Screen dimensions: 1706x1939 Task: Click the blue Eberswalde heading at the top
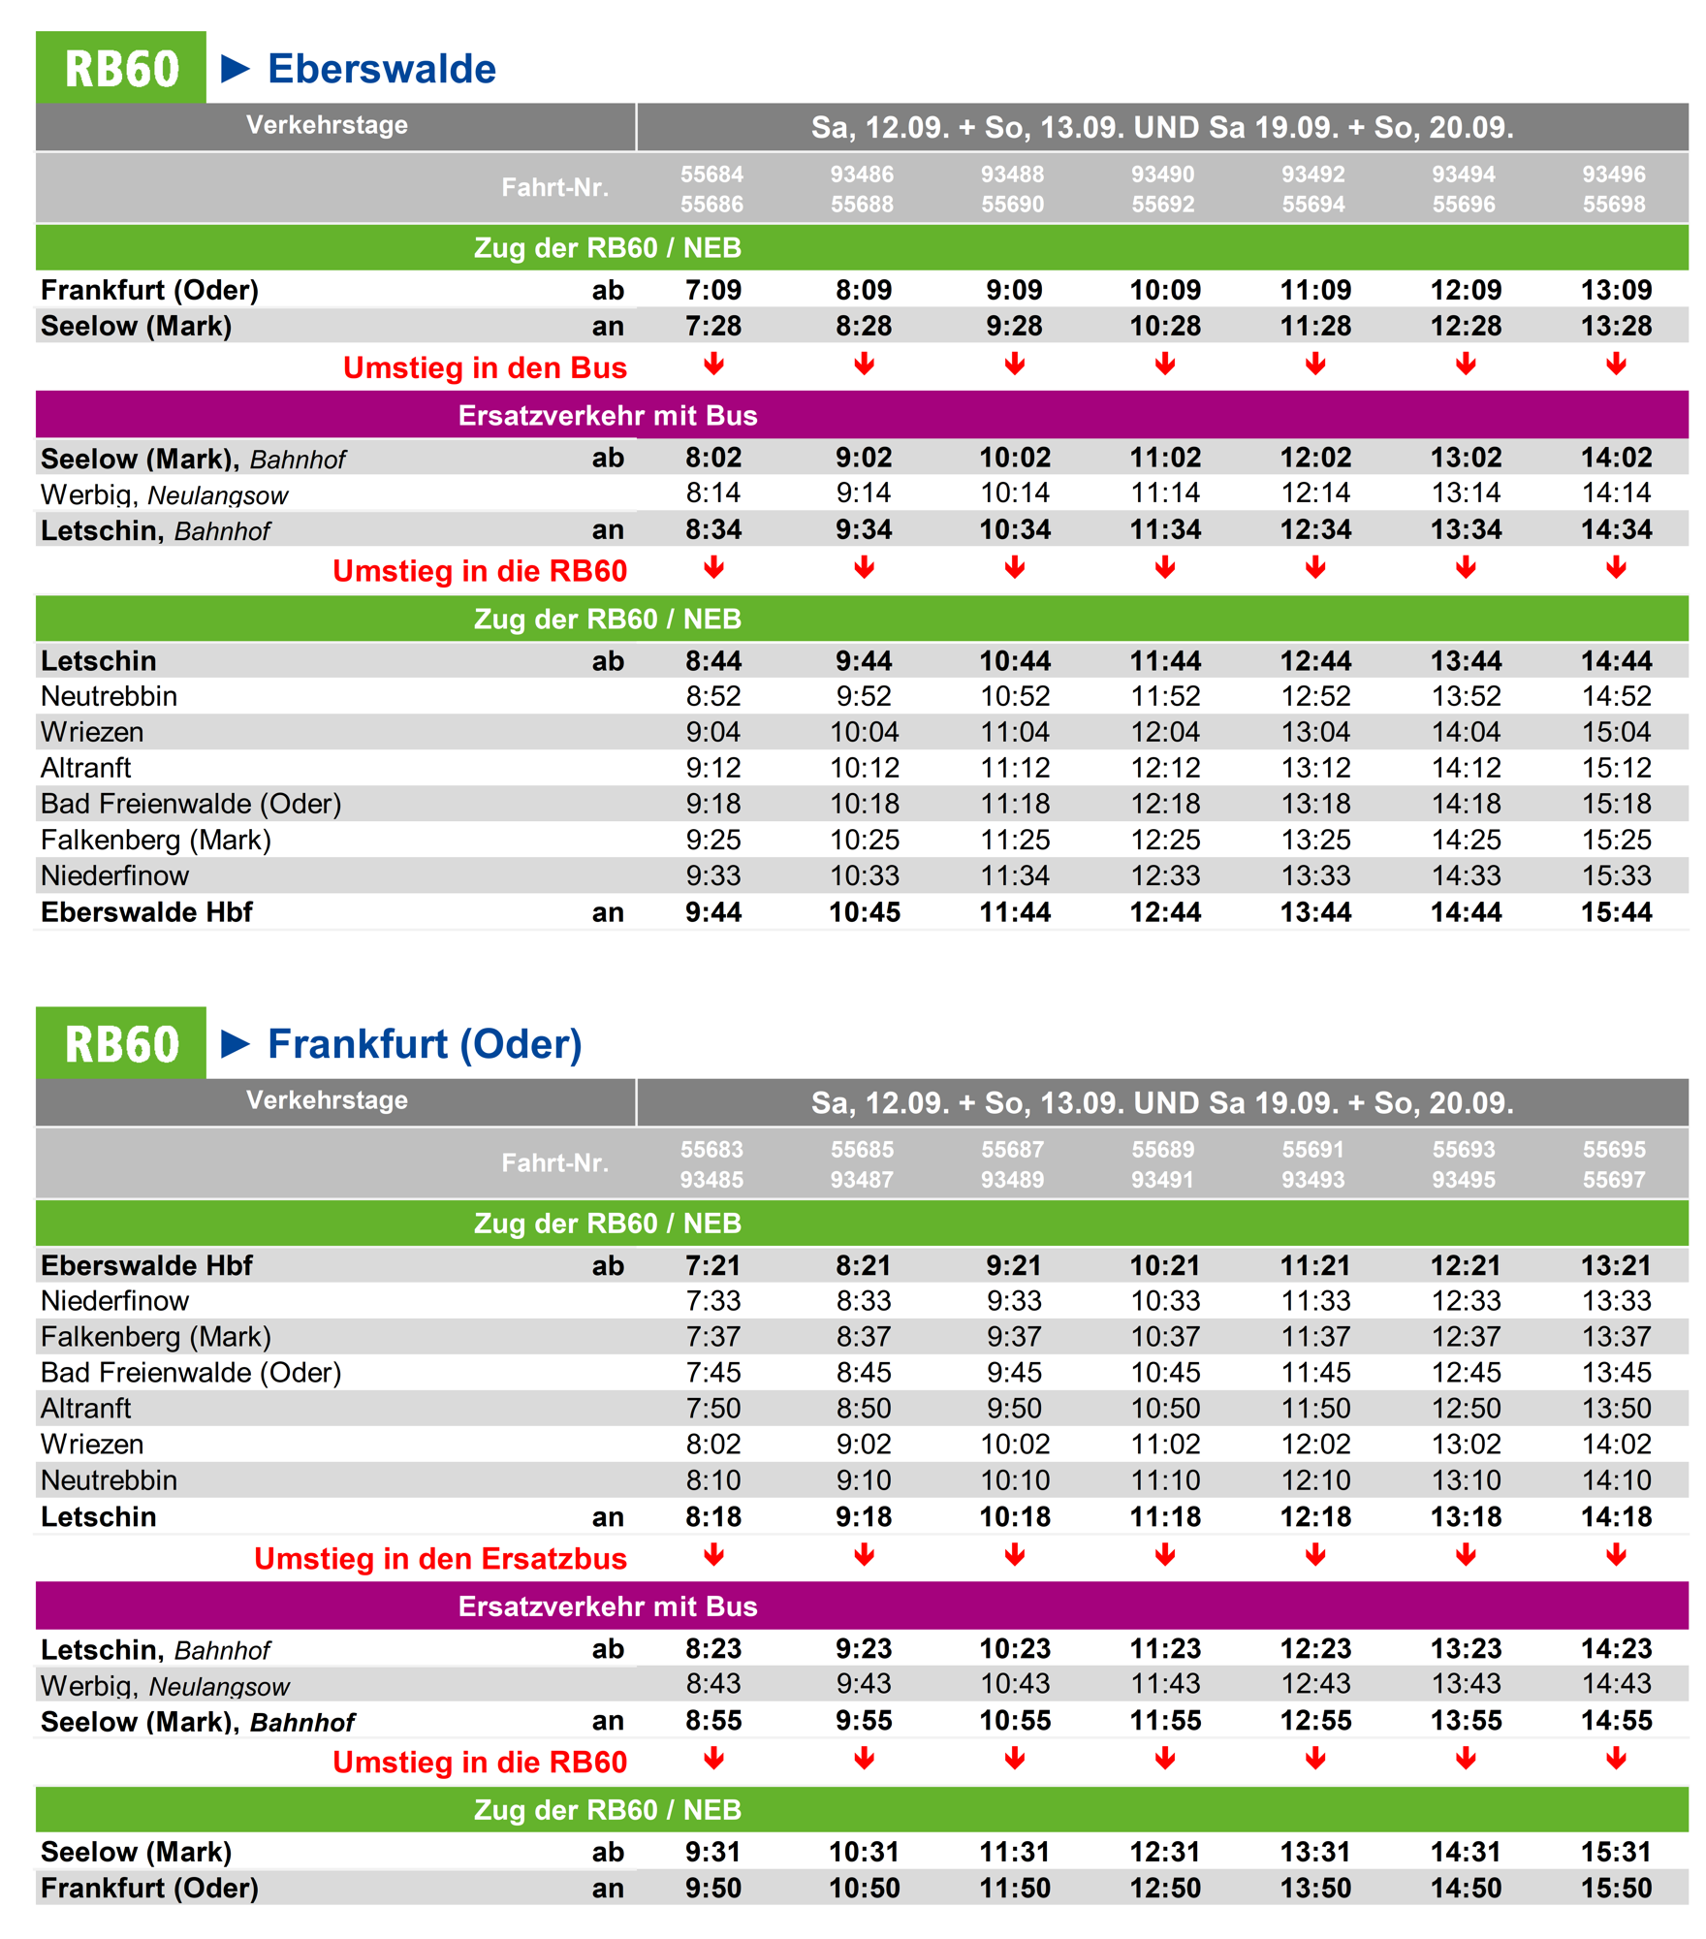coord(381,69)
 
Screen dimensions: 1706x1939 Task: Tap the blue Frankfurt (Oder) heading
coord(425,1044)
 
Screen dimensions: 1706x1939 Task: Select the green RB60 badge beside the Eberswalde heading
coord(121,68)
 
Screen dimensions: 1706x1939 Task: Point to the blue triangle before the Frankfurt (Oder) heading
coord(236,1043)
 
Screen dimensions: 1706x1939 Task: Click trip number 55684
coord(711,175)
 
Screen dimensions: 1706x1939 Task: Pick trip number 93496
coord(1614,175)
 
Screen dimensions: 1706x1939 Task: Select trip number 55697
coord(1614,1180)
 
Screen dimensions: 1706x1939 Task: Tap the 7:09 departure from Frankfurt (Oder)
coord(713,290)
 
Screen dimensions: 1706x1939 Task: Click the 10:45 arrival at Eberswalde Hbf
coord(865,912)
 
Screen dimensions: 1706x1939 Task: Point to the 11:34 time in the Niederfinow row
coord(1015,876)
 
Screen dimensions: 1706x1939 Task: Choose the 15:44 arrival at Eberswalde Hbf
coord(1616,912)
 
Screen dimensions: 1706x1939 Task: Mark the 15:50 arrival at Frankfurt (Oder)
coord(1616,1889)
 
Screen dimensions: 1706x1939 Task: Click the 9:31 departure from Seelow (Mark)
coord(713,1853)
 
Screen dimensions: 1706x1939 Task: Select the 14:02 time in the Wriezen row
coord(1616,1445)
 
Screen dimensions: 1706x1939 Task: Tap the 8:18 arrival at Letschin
coord(713,1517)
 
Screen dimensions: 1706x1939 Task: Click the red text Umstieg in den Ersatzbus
coord(440,1559)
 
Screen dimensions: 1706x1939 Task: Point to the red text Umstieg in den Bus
coord(485,368)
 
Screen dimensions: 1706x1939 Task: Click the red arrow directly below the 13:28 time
coord(1616,365)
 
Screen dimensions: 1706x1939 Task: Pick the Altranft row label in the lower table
coord(85,1409)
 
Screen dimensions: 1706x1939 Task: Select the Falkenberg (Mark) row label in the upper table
coord(156,841)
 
